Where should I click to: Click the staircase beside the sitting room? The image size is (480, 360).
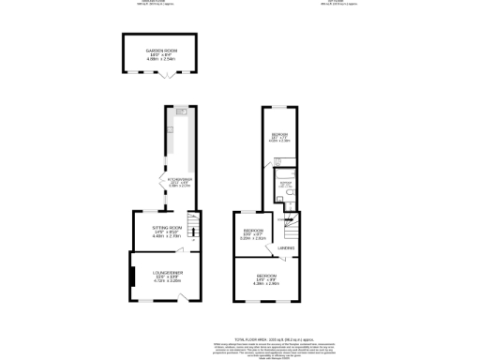coord(194,227)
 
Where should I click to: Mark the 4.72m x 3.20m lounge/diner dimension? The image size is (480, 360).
coord(167,280)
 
